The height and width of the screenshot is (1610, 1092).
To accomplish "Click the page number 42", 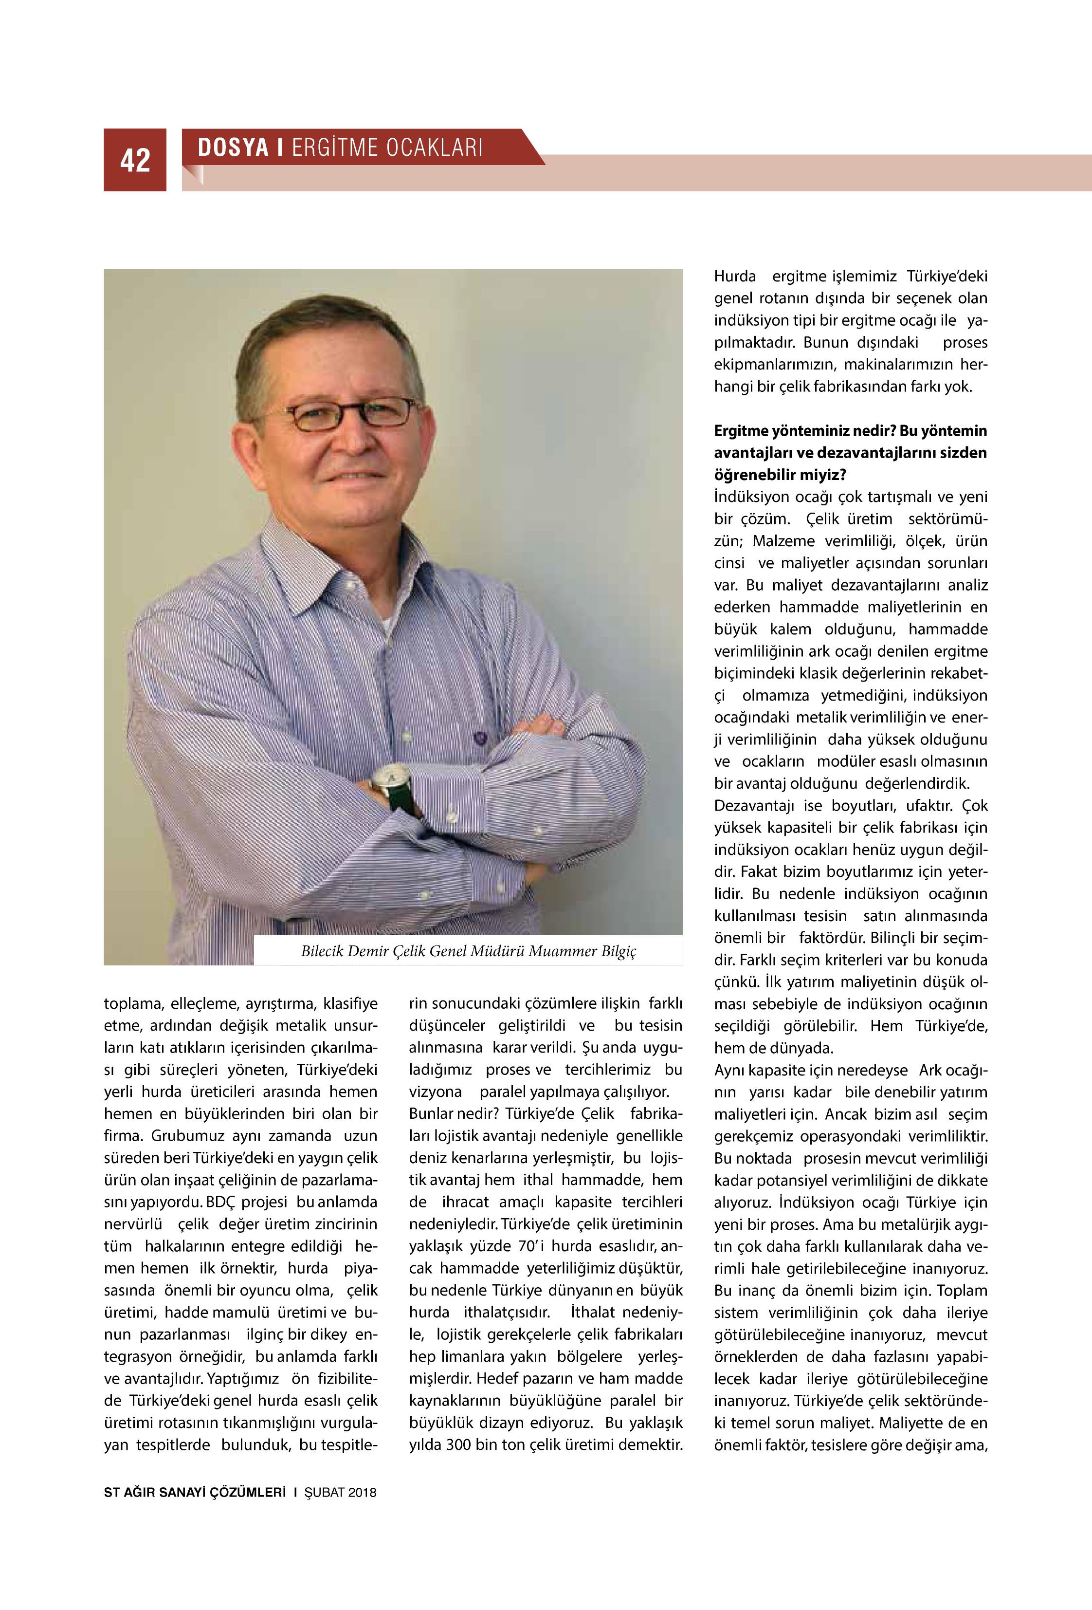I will [135, 160].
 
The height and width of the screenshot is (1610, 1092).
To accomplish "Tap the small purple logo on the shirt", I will [478, 738].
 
